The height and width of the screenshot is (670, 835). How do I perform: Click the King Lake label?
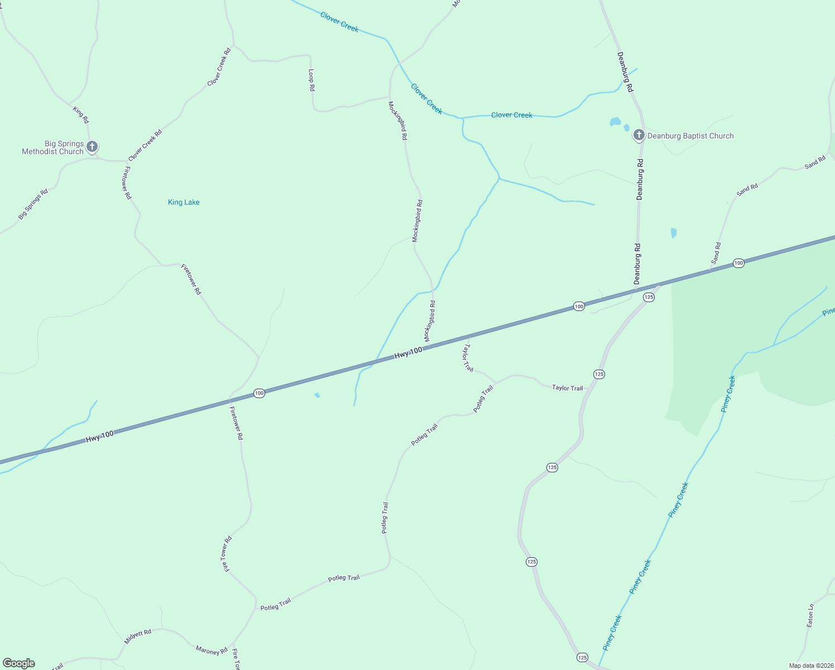click(184, 202)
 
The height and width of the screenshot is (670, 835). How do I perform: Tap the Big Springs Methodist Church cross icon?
click(92, 147)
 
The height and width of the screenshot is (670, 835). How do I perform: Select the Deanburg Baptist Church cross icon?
click(639, 135)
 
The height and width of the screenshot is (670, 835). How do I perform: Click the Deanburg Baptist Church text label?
click(690, 136)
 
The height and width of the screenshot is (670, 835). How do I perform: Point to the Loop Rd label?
click(311, 80)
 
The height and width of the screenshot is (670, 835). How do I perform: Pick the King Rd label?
click(81, 114)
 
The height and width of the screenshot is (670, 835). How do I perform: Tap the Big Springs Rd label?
click(33, 204)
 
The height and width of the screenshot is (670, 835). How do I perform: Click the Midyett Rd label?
click(138, 636)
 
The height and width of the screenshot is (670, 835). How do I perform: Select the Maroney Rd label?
click(212, 650)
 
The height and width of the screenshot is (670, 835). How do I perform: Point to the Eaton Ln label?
click(810, 615)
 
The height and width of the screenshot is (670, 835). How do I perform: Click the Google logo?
click(18, 663)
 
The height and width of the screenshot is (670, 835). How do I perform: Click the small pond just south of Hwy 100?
click(317, 395)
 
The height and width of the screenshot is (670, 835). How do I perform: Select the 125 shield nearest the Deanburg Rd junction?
click(649, 297)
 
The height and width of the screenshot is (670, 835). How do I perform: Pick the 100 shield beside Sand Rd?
click(738, 263)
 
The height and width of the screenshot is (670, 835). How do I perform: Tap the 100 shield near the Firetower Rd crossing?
click(259, 393)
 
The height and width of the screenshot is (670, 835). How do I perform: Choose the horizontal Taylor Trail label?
click(567, 387)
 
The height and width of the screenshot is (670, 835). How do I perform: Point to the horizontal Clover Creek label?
click(512, 115)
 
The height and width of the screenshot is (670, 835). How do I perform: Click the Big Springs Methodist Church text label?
click(52, 147)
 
